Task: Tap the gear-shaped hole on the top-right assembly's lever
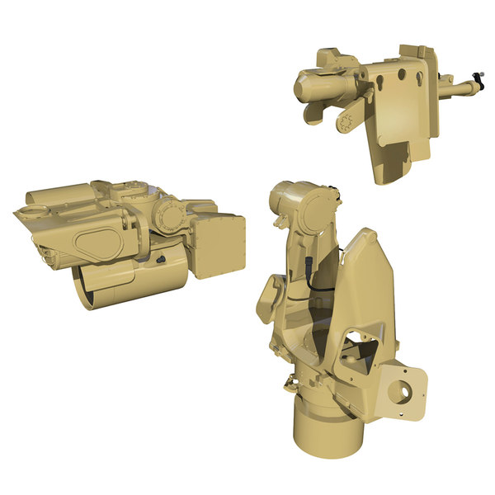point(346,124)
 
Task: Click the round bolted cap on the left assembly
point(169,216)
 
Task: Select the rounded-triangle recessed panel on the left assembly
point(97,244)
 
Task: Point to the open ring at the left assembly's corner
point(27,214)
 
